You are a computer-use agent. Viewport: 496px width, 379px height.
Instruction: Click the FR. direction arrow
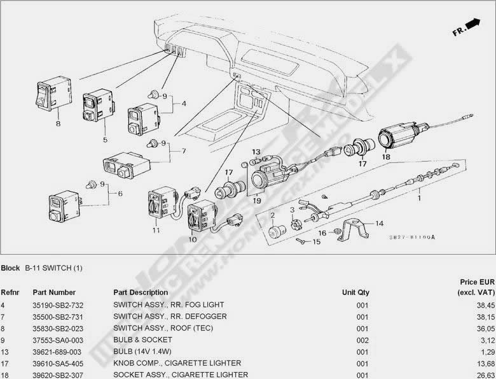472,24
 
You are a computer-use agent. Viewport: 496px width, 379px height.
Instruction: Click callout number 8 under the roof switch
58,124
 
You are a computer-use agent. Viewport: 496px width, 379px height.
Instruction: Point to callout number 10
193,240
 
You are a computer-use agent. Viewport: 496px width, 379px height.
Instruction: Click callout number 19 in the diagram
257,200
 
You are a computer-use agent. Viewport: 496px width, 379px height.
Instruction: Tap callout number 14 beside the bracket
380,224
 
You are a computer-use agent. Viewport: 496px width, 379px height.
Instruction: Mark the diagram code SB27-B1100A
411,237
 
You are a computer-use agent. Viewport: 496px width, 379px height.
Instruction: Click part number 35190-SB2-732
58,305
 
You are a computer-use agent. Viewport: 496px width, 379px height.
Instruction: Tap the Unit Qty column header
355,292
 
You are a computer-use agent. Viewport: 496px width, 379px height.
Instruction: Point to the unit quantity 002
362,340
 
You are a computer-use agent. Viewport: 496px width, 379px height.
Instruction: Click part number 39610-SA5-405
58,362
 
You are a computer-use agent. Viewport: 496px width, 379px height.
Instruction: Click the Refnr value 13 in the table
5,351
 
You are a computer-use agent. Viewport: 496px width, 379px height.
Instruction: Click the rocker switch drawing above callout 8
52,96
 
